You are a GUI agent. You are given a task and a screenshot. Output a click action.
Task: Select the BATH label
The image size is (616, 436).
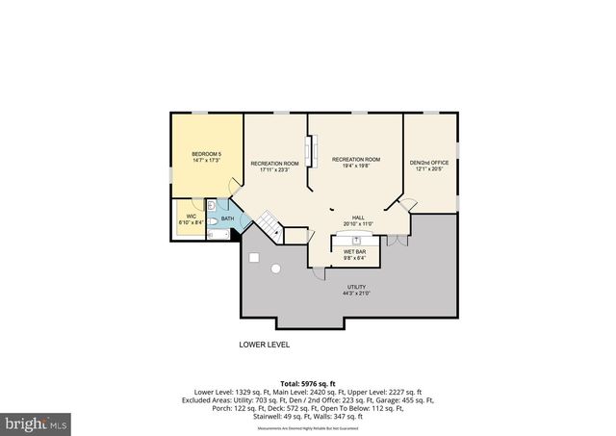(x=228, y=218)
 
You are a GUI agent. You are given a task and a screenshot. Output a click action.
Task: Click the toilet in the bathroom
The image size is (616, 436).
(x=211, y=206)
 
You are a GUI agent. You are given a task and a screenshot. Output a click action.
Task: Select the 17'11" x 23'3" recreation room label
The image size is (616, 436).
(x=274, y=167)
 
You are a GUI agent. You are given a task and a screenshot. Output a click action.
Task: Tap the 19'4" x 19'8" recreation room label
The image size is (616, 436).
(x=356, y=163)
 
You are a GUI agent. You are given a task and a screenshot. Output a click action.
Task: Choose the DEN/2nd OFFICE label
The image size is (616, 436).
(x=428, y=167)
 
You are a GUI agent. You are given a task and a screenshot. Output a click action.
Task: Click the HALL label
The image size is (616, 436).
(x=357, y=220)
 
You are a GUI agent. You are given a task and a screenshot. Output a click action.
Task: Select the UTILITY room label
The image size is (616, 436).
(x=357, y=290)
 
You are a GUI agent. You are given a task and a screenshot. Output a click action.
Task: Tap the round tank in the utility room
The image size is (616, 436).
(x=275, y=269)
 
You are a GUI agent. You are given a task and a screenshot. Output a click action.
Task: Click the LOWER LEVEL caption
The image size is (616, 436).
(x=264, y=344)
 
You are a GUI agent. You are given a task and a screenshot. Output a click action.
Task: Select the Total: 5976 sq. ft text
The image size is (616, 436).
(x=308, y=383)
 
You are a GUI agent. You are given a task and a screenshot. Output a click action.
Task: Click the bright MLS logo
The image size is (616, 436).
(x=36, y=422)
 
